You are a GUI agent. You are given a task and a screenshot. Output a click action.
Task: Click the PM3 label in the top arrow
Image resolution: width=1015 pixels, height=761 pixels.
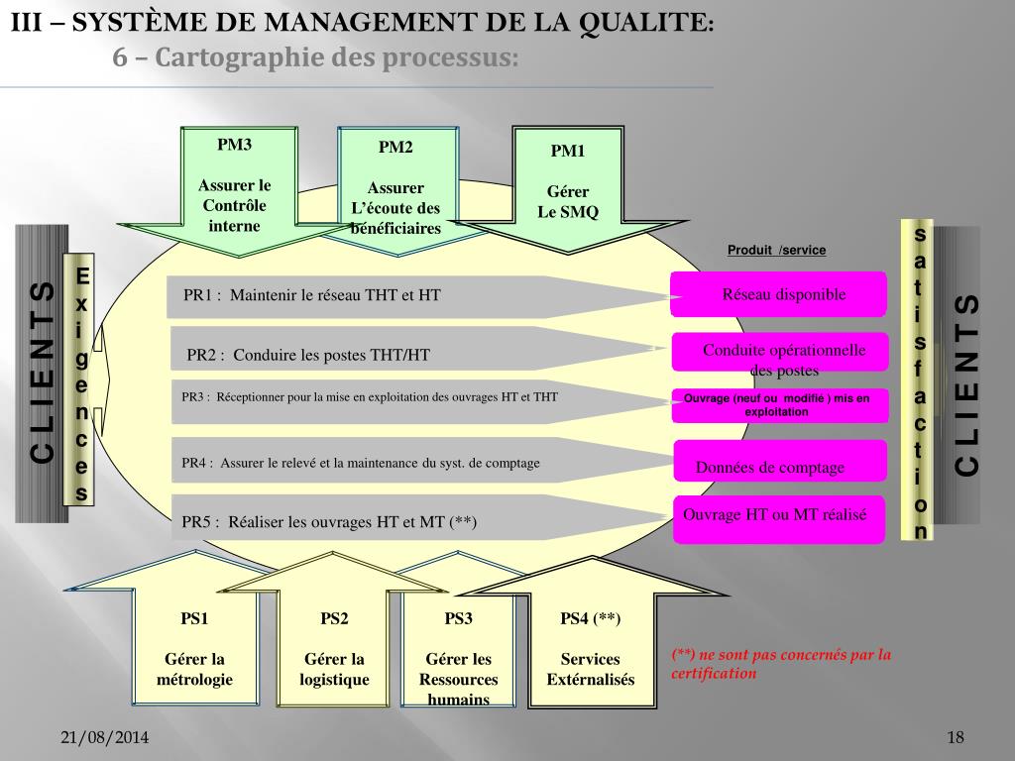tap(235, 145)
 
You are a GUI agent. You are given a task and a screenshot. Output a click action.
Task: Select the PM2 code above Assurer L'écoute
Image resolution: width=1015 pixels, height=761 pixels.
tap(395, 148)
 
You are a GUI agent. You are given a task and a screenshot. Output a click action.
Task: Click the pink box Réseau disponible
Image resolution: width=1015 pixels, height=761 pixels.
tap(778, 295)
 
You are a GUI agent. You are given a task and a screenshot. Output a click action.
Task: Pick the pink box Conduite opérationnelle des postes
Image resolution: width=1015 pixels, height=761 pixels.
tap(780, 360)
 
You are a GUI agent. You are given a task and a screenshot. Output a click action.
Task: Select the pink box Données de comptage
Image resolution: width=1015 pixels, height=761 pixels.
tap(779, 466)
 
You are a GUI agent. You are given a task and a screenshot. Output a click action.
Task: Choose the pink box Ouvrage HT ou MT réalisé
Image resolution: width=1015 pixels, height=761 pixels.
tap(778, 518)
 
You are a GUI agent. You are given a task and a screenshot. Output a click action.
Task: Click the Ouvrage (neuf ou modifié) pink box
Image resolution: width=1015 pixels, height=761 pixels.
tap(778, 404)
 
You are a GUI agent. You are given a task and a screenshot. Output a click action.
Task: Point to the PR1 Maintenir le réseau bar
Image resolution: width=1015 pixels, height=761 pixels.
tap(396, 295)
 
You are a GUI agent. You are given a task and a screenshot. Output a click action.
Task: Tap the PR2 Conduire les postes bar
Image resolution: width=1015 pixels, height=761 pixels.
tap(396, 354)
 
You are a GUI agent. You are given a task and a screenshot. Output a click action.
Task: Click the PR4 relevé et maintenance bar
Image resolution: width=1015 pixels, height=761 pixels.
tap(396, 463)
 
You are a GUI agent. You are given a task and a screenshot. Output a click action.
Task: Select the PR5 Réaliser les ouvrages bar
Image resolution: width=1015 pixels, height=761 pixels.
tap(396, 521)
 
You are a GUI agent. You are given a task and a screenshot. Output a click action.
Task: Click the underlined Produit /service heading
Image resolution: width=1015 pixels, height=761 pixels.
tap(776, 250)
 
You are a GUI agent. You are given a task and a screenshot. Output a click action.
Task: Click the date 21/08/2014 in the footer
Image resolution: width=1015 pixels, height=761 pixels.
tap(105, 738)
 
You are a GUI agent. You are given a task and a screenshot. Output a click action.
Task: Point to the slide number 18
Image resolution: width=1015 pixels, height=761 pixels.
tap(956, 738)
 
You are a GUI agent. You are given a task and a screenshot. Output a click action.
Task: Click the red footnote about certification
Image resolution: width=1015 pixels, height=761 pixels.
tap(781, 664)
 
